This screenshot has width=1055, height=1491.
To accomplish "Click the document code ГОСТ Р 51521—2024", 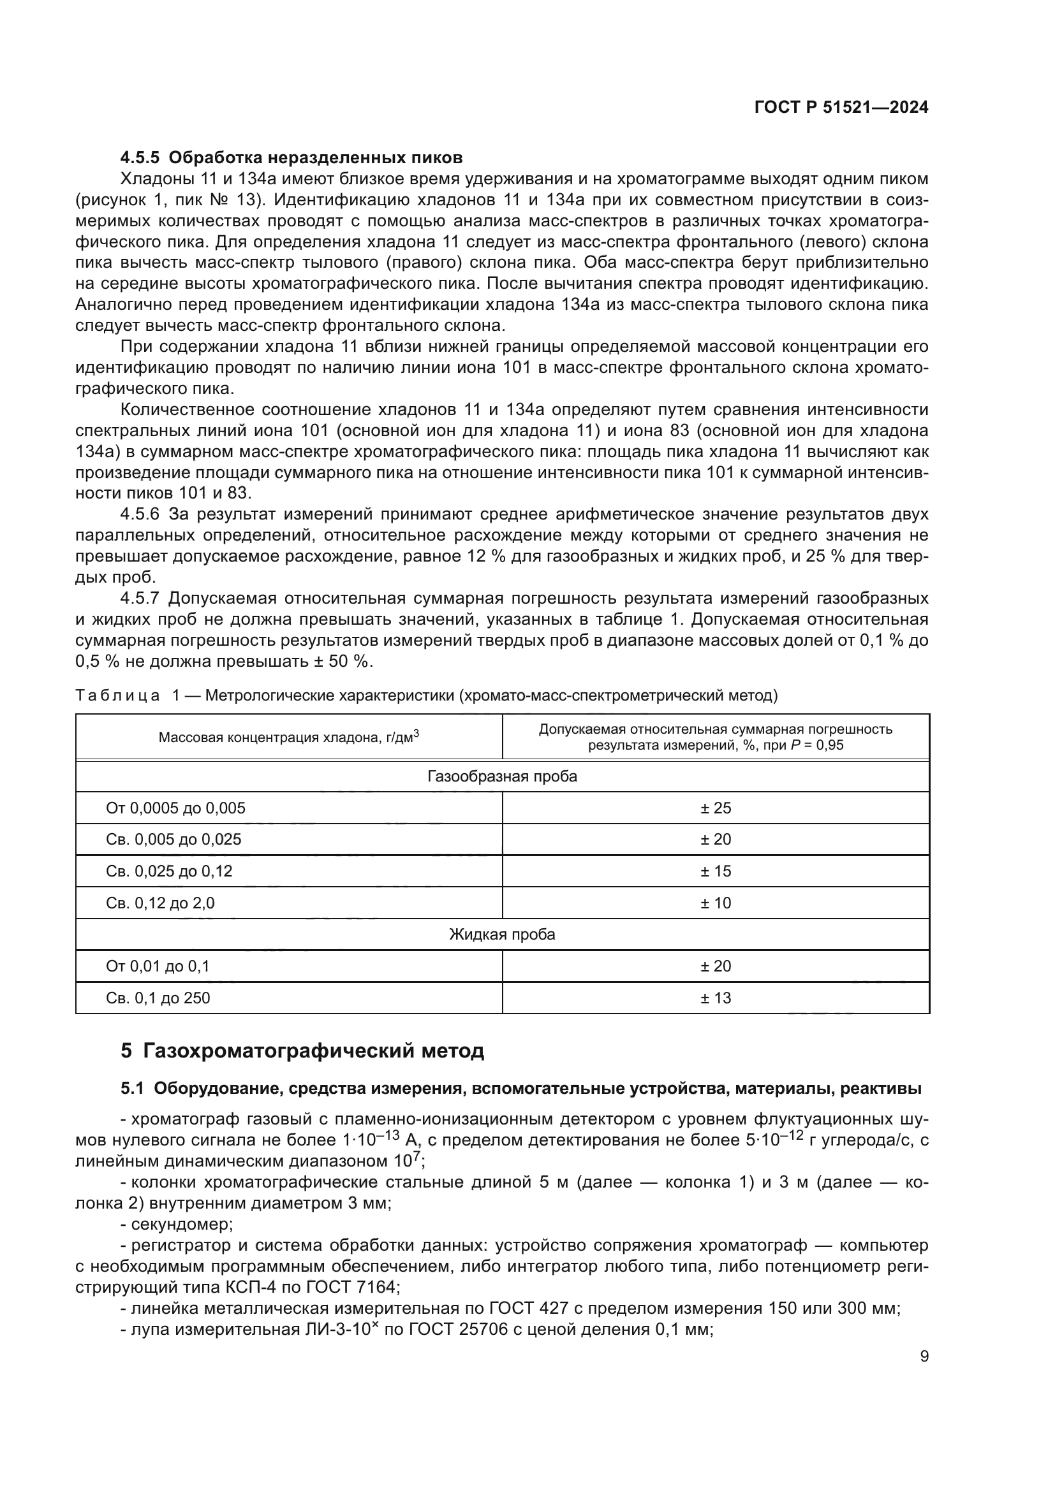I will coord(841,108).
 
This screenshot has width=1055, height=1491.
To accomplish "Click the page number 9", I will coord(924,1356).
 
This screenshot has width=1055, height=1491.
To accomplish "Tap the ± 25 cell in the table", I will coord(715,808).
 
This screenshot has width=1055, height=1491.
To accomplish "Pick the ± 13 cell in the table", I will coord(715,998).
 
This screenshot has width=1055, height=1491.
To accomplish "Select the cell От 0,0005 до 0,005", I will coord(175,808).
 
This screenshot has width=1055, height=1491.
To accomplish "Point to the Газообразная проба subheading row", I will coord(502,776).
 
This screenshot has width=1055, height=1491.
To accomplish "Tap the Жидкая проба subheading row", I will coord(502,935).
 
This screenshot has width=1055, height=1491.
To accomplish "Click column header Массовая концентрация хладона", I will coord(288,737).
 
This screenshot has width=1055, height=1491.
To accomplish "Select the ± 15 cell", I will coord(715,871).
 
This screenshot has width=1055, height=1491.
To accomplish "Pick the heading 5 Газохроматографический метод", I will coord(302,1051).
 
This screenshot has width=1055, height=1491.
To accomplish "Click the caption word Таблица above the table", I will coord(117,695).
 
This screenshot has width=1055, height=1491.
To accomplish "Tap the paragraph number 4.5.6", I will coord(140,514).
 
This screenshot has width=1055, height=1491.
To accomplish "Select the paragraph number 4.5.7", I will coord(140,598).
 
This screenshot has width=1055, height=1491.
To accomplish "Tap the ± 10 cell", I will coord(715,903).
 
